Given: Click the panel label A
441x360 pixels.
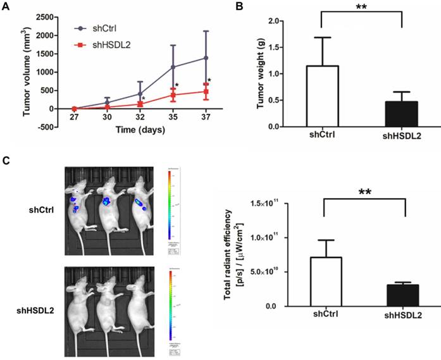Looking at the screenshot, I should [6, 7].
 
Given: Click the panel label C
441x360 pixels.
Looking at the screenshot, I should [6, 161].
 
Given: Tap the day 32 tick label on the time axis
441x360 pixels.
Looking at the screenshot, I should [140, 117].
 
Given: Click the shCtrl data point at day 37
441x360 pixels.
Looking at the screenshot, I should [206, 58].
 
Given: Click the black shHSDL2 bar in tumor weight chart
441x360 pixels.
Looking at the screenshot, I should [402, 114].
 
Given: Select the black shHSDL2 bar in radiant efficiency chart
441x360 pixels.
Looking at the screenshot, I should [402, 295].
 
